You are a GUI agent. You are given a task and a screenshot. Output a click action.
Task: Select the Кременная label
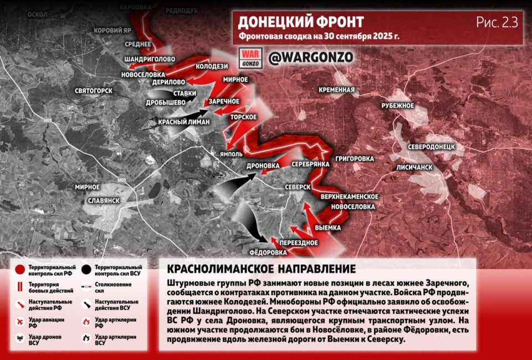(x=336, y=90)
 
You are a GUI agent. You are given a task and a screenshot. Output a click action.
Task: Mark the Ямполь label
(x=231, y=154)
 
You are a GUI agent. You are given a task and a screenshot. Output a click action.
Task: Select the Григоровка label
(x=354, y=159)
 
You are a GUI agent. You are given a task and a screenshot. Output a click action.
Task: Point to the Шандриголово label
(x=150, y=59)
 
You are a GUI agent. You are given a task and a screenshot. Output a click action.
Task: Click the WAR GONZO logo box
(x=249, y=58)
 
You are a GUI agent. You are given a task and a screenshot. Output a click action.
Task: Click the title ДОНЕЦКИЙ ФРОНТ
(x=300, y=22)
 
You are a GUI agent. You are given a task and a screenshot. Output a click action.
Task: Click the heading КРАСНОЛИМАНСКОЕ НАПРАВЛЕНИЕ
(x=261, y=269)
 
